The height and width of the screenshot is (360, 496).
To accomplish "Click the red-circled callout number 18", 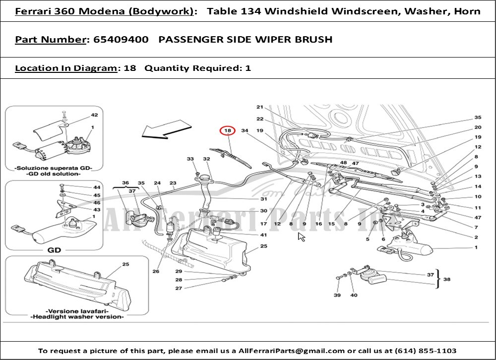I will click(227, 131).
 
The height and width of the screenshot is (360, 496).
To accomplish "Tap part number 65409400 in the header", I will click(121, 40).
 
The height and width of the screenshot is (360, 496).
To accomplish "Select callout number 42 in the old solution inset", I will click(94, 115).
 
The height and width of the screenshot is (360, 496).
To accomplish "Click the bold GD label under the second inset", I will click(54, 250).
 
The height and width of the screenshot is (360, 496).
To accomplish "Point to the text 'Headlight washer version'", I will click(77, 317).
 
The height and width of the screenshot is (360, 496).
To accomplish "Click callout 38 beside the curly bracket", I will click(446, 279).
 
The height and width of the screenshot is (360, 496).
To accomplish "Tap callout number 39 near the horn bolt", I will click(337, 296).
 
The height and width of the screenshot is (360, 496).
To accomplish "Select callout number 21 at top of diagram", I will click(259, 107).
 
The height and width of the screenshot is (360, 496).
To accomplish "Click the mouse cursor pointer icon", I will click(301, 237).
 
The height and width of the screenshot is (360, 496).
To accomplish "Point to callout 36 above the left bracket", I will click(125, 183).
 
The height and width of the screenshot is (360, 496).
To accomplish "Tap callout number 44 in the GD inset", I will click(96, 187).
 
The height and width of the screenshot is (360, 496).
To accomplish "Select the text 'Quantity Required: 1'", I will click(197, 68).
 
